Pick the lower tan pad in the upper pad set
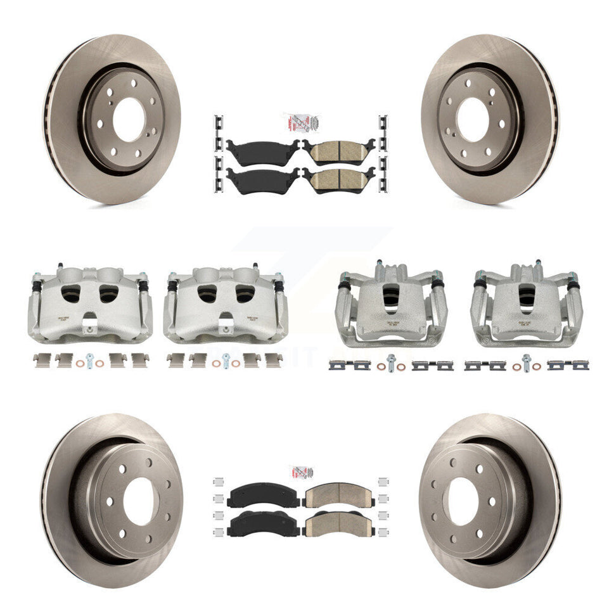click(338, 179)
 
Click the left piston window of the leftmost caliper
click(72, 293)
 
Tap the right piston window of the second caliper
click(245, 293)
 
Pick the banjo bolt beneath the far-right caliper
click(525, 362)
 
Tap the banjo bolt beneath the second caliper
click(225, 362)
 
